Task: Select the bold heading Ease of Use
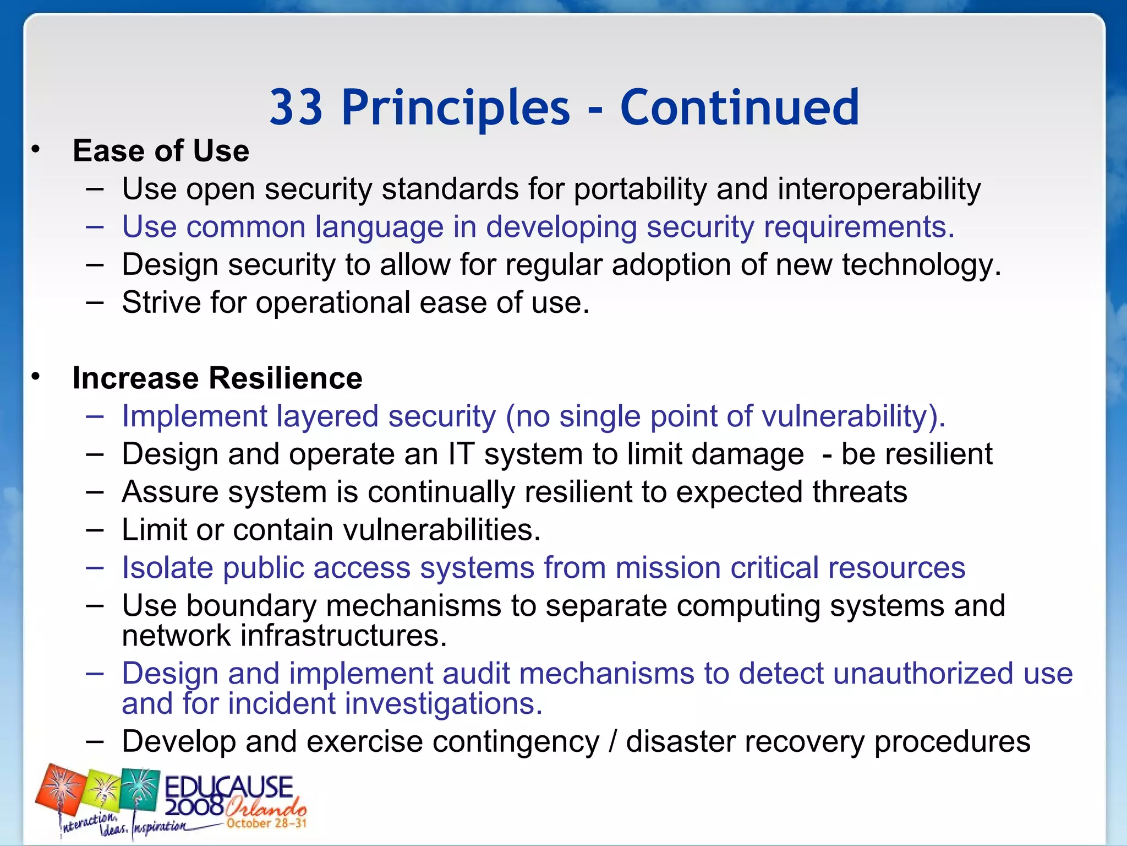click(x=161, y=151)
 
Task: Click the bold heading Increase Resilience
click(x=217, y=378)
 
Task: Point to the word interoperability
click(x=879, y=189)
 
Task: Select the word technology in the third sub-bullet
click(x=921, y=265)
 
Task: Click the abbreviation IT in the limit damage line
click(x=461, y=454)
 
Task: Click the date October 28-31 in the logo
click(x=266, y=823)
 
